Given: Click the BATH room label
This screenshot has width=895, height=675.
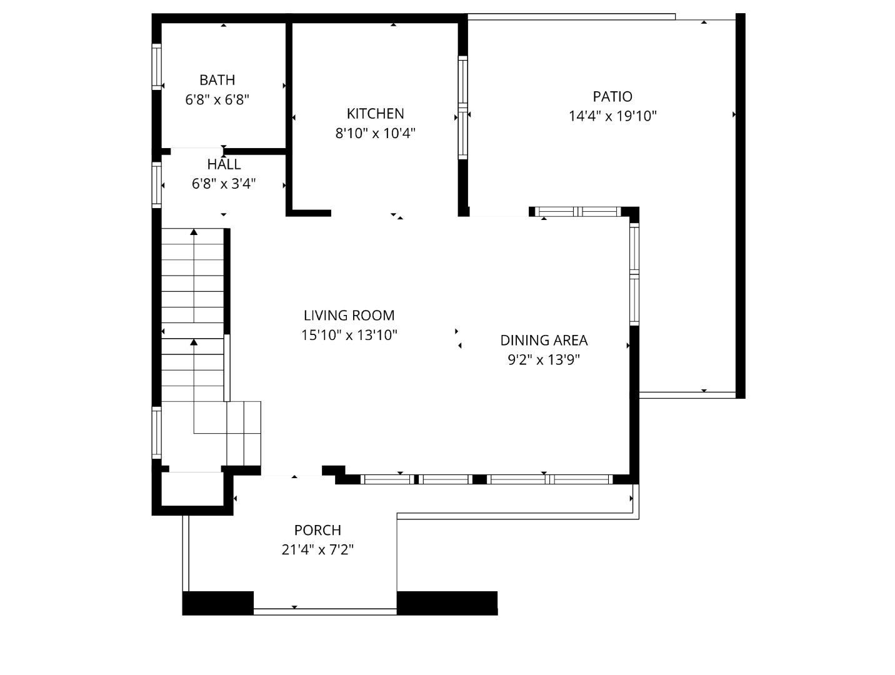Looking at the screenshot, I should pyautogui.click(x=217, y=80).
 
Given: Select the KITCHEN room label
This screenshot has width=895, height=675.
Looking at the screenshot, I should pyautogui.click(x=375, y=113).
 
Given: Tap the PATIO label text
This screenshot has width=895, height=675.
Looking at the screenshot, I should pyautogui.click(x=612, y=96).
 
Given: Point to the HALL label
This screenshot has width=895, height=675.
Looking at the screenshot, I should pyautogui.click(x=224, y=164).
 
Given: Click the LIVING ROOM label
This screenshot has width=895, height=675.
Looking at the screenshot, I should pyautogui.click(x=349, y=316).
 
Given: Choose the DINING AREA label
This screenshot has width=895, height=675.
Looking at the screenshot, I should pyautogui.click(x=544, y=340).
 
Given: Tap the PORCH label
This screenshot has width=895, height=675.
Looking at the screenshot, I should pyautogui.click(x=317, y=530).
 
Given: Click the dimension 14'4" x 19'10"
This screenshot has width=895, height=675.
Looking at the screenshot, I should pyautogui.click(x=612, y=116).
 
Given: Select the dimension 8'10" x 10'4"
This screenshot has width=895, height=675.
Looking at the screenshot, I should pyautogui.click(x=375, y=133).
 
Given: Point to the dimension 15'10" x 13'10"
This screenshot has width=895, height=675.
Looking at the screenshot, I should pyautogui.click(x=349, y=335).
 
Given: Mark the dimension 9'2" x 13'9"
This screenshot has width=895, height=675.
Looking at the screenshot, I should pyautogui.click(x=544, y=360).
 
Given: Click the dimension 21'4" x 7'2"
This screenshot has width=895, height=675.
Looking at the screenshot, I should pyautogui.click(x=317, y=550).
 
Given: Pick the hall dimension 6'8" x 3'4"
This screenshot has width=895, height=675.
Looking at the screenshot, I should pyautogui.click(x=224, y=184).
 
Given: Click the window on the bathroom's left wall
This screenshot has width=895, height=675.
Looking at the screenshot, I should pyautogui.click(x=157, y=66).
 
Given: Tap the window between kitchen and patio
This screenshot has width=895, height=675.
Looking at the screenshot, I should pyautogui.click(x=462, y=107).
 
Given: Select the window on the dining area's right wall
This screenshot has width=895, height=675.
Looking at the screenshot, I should pyautogui.click(x=634, y=274).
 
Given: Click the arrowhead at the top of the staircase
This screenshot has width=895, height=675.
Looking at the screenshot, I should pyautogui.click(x=194, y=232).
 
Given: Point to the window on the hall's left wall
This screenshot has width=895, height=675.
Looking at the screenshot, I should pyautogui.click(x=157, y=184).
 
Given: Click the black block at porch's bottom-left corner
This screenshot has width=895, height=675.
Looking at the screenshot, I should pyautogui.click(x=217, y=603).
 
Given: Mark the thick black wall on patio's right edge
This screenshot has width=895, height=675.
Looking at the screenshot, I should pyautogui.click(x=740, y=206).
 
